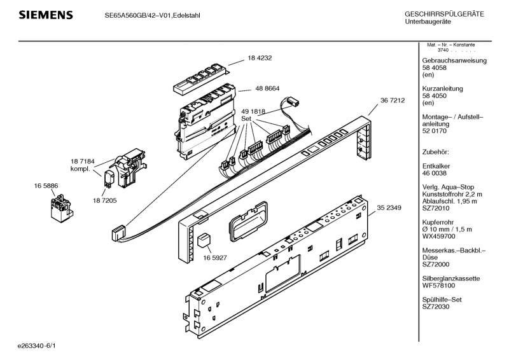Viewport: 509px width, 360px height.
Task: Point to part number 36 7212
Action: click(393, 101)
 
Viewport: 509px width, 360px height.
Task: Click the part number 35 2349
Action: click(390, 207)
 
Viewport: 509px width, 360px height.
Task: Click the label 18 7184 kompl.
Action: click(82, 165)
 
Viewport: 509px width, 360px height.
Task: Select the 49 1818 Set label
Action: click(254, 114)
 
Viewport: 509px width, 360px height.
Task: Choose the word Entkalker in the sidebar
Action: click(437, 166)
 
